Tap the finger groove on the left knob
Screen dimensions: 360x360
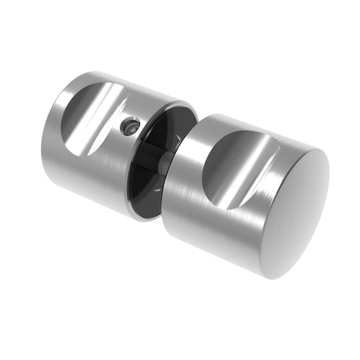point(90,117)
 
